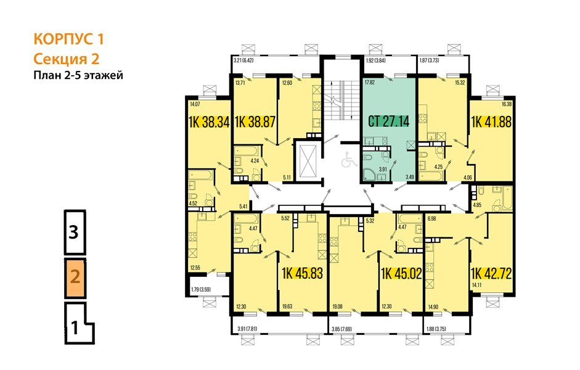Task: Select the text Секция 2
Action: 66,59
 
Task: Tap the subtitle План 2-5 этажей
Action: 78,76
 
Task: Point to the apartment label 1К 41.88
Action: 492,122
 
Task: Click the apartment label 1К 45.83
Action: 302,273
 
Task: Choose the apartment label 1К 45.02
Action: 401,273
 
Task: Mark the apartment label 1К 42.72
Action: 492,273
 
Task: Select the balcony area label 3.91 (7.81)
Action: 251,329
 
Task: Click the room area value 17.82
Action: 370,82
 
